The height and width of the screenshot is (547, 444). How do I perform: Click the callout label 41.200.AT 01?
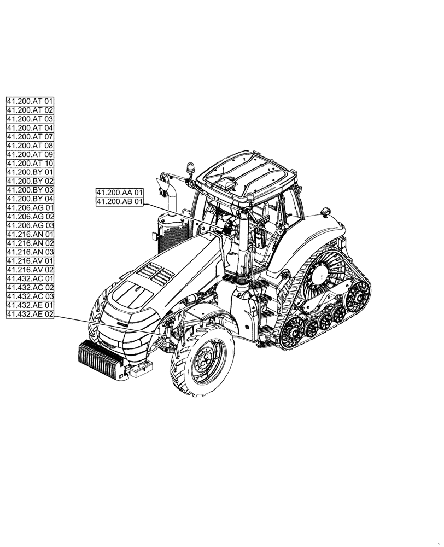coord(30,101)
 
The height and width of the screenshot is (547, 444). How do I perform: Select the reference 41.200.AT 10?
coord(30,163)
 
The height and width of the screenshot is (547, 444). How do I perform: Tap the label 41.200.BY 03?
coord(30,189)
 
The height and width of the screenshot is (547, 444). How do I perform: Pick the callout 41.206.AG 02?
coord(30,216)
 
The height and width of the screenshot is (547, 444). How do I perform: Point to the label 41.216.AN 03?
coord(30,252)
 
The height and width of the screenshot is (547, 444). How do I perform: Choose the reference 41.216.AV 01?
coord(30,260)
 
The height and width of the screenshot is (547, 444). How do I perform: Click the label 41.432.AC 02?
coord(30,287)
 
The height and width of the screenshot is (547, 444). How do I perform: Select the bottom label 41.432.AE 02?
coord(30,314)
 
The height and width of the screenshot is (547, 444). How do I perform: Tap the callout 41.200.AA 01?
coord(120,193)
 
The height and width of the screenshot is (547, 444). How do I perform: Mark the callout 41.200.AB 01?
coord(120,202)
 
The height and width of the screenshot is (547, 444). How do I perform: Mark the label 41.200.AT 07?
coord(30,137)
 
